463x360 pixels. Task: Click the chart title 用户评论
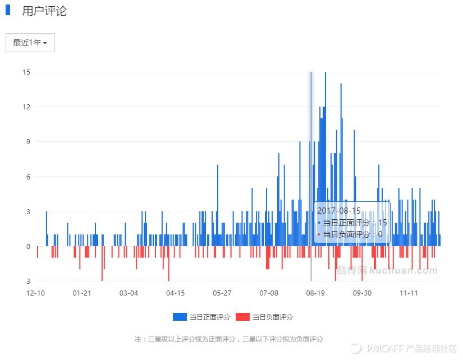pos(44,11)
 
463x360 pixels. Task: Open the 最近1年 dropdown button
pos(30,43)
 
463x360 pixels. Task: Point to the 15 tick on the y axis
pos(26,72)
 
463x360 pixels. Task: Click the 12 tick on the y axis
pos(26,107)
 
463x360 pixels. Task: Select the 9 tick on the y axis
pos(27,142)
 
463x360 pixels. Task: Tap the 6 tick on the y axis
pos(27,177)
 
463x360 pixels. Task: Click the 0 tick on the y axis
pos(27,246)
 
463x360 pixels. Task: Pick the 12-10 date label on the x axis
pos(36,293)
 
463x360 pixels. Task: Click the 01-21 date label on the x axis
pos(82,293)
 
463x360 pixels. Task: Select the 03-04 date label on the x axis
pos(129,293)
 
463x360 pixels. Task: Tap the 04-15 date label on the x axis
pos(175,293)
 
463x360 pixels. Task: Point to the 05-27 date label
pos(222,293)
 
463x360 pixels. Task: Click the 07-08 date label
pos(269,293)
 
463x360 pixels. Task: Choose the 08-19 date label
pos(315,293)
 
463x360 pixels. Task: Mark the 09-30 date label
pos(362,293)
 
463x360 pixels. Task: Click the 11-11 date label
pos(409,293)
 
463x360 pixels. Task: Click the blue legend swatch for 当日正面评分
pos(179,317)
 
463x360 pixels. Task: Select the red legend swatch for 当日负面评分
pos(242,317)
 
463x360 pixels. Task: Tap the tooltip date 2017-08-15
pos(339,210)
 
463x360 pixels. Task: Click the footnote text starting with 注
pos(228,339)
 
